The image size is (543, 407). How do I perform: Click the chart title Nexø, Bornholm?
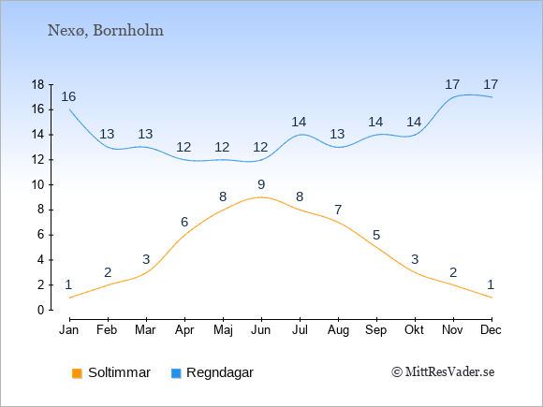coord(105,31)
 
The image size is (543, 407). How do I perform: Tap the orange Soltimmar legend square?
coord(77,373)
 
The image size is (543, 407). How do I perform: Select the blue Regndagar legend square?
coord(176,373)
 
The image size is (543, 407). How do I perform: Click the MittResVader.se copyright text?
coord(443,372)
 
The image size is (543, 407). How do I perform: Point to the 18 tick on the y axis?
coord(37,84)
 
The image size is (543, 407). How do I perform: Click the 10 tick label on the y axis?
coord(37,185)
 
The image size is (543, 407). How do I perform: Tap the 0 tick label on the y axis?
coord(41,310)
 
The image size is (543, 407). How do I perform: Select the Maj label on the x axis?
coord(223,330)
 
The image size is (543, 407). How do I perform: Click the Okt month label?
coord(414,330)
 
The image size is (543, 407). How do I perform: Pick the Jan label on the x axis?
coord(69,330)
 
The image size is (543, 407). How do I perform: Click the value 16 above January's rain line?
coord(68,97)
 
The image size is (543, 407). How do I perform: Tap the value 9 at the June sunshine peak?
coord(261,184)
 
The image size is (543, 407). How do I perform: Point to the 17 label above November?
coord(452,84)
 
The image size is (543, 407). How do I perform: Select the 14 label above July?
coord(299,122)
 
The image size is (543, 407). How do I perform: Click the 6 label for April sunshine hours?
coord(184,222)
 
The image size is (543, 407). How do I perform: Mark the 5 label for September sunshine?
coord(376,235)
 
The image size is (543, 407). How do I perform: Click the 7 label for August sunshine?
coord(338,210)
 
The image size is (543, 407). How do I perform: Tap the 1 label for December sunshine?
coord(491,284)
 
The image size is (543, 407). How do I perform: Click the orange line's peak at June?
coord(261,197)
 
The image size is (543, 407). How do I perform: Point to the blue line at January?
coord(70,109)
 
